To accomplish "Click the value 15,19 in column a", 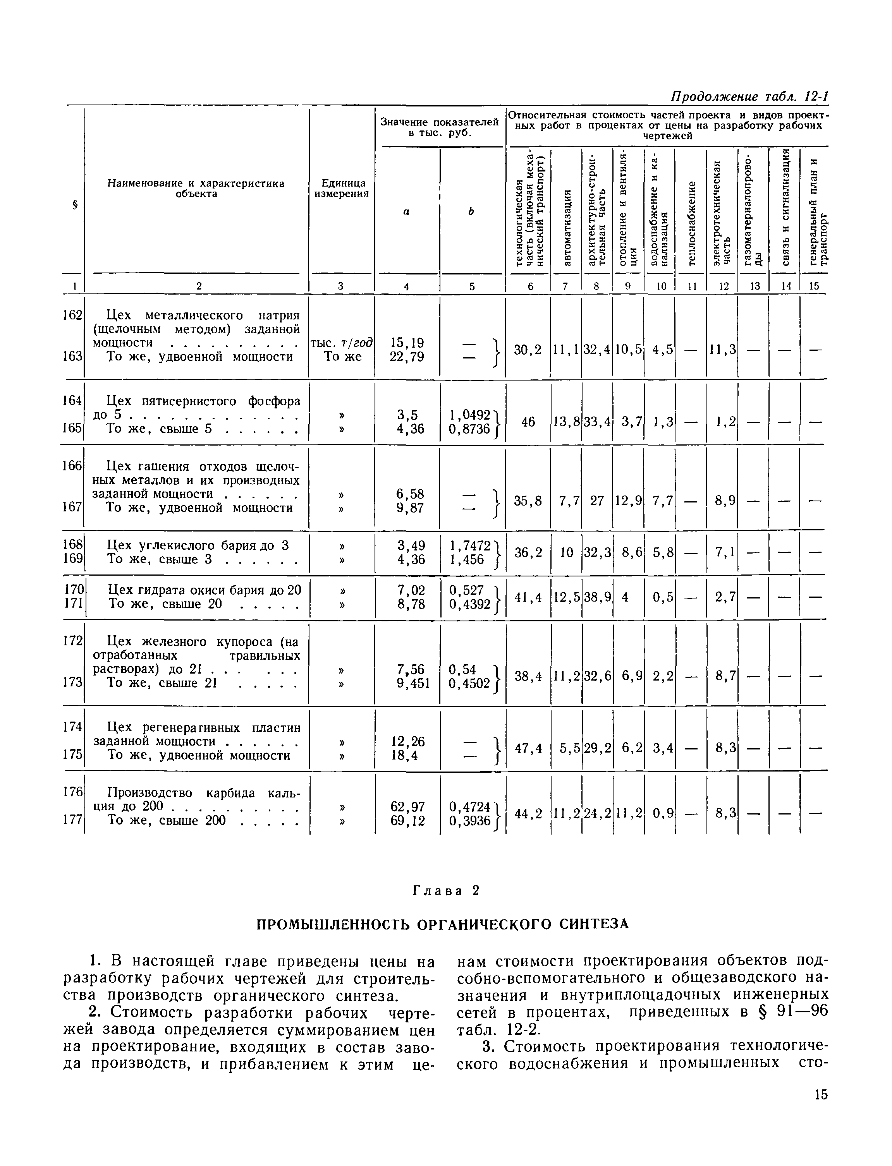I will (x=407, y=343).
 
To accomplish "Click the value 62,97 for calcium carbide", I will (x=407, y=807).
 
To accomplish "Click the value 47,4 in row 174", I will (x=528, y=749).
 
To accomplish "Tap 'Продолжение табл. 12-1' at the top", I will (x=750, y=97).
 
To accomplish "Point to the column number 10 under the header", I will (x=660, y=286).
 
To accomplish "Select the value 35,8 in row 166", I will (x=528, y=501).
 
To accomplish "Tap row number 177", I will (x=73, y=821).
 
